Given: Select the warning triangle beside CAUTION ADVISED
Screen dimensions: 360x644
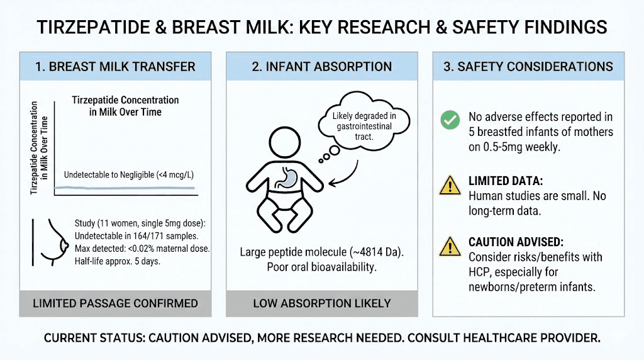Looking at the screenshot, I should (450, 247).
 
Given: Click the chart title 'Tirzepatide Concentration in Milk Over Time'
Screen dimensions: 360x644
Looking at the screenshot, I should (125, 106).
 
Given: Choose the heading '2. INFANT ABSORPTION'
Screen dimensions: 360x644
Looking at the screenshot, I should (321, 67).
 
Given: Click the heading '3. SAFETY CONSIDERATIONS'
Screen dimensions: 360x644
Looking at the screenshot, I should (528, 67).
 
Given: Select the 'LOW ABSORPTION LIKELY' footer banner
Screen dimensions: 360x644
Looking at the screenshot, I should (321, 303).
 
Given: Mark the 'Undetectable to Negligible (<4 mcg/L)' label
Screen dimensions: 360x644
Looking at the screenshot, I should (126, 176).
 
